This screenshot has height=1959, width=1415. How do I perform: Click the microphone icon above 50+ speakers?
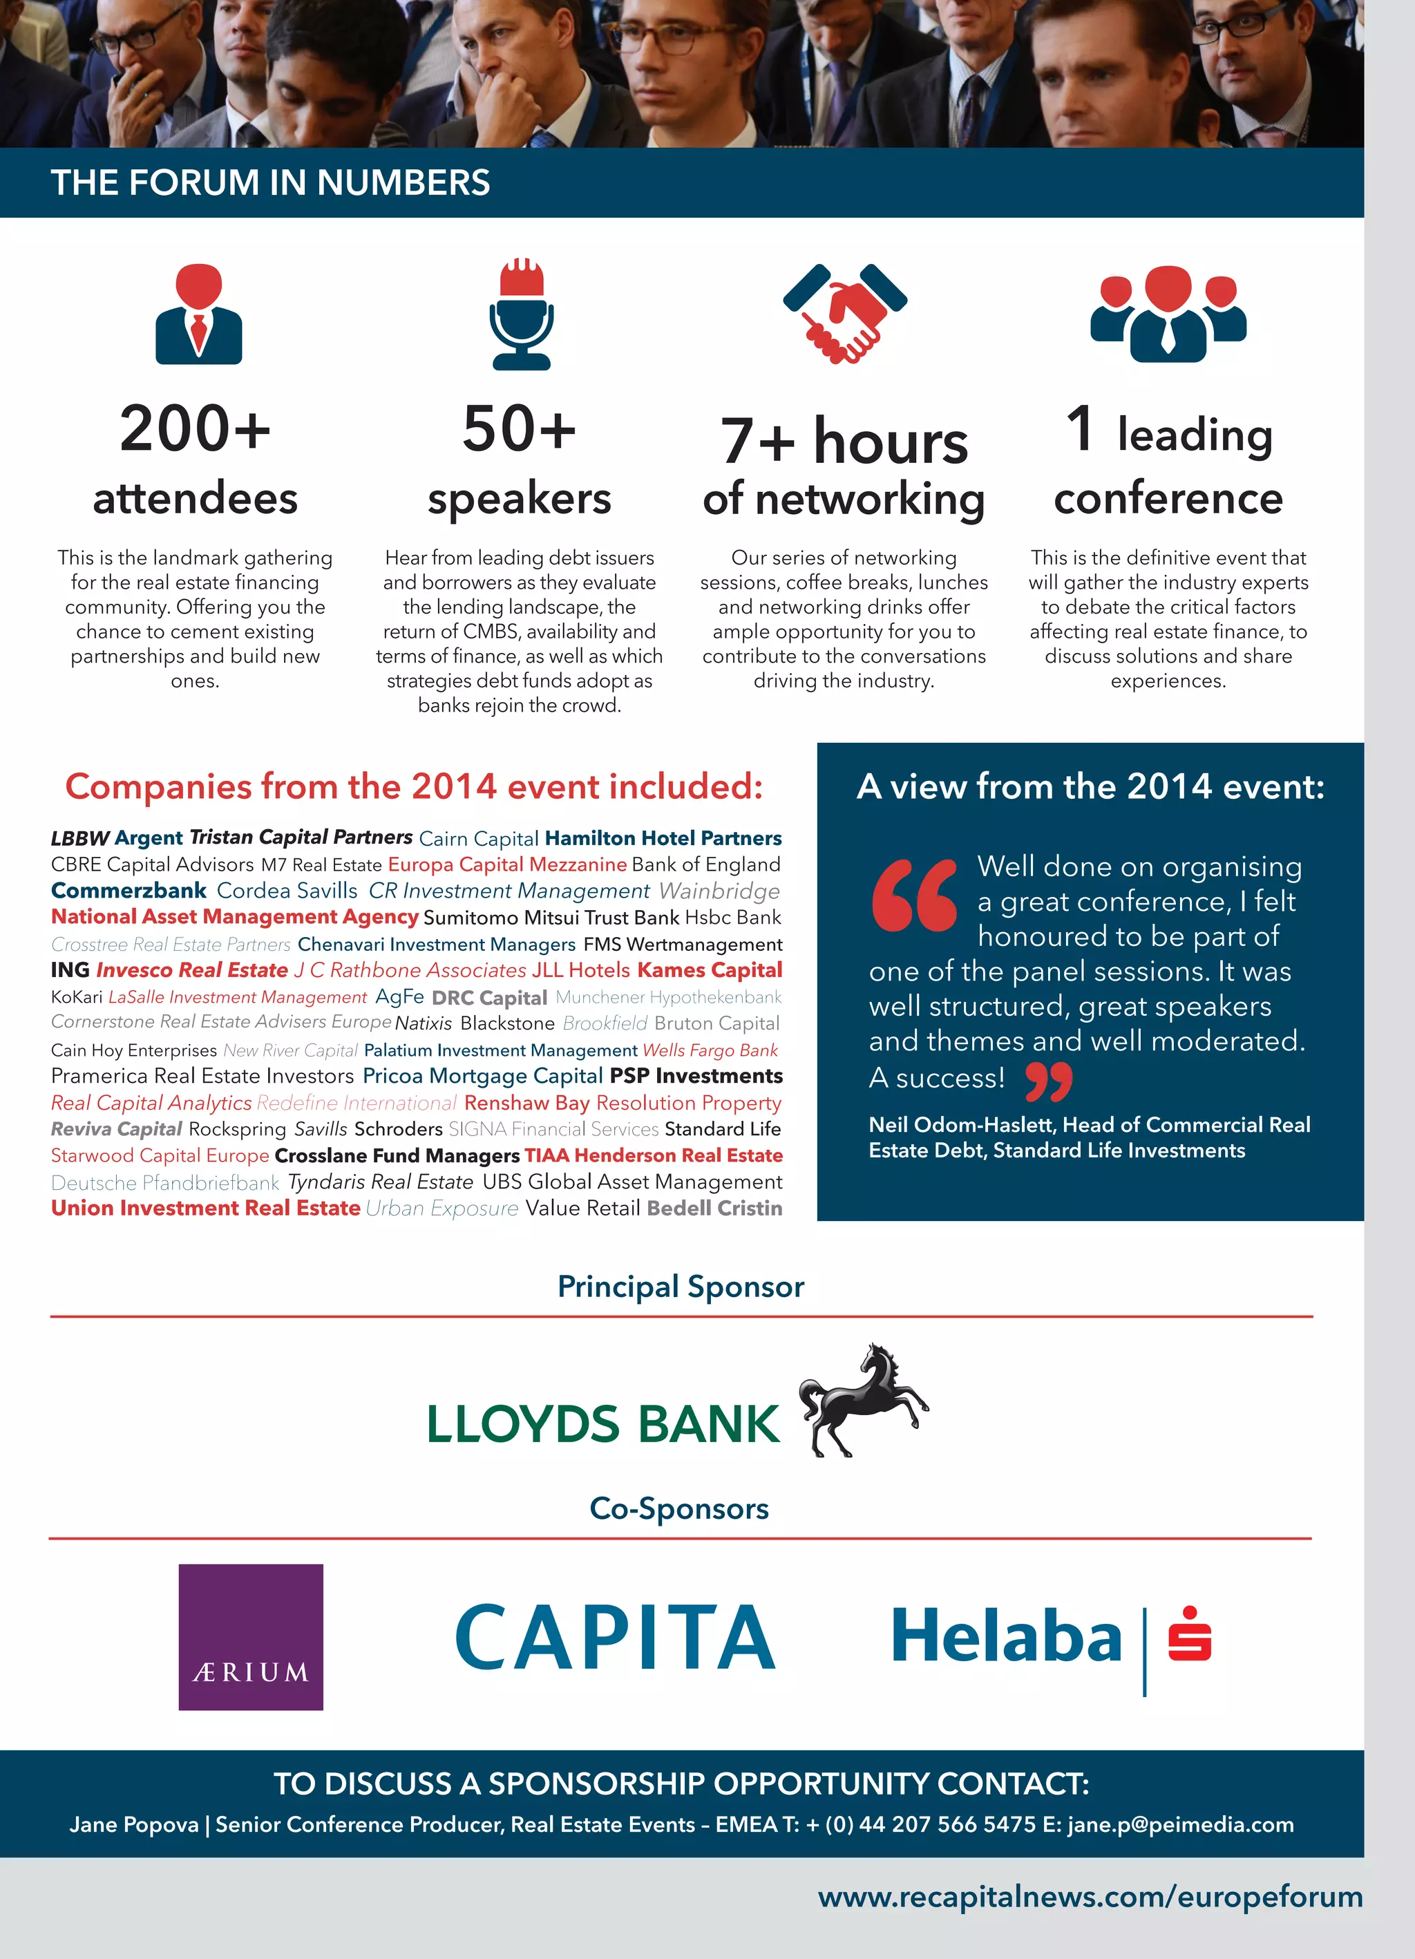tap(521, 314)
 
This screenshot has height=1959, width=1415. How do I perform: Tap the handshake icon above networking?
tap(845, 312)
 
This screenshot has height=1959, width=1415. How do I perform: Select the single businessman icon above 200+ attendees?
tap(199, 314)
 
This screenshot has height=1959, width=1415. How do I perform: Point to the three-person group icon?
tap(1168, 314)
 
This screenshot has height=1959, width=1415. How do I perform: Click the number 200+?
tap(196, 428)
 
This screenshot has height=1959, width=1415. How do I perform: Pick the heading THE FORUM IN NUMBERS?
tap(270, 183)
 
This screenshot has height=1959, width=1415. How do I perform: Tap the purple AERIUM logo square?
tap(251, 1637)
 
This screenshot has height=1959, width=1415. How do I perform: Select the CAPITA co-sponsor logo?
tap(615, 1637)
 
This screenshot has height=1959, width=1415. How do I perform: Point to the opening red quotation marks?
tap(914, 895)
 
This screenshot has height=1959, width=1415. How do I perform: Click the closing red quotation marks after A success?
tap(1049, 1081)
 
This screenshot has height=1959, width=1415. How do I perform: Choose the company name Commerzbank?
tap(129, 891)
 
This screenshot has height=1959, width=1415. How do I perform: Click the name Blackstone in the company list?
tap(507, 1023)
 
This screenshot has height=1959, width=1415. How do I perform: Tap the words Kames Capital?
tap(710, 970)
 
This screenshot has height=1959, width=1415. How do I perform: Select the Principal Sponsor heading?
tap(681, 1286)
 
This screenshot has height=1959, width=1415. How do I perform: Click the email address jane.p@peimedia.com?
tap(1180, 1824)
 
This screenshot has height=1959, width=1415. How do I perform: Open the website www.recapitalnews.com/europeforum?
tap(1090, 1896)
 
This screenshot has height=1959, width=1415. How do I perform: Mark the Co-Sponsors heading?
tap(679, 1508)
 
